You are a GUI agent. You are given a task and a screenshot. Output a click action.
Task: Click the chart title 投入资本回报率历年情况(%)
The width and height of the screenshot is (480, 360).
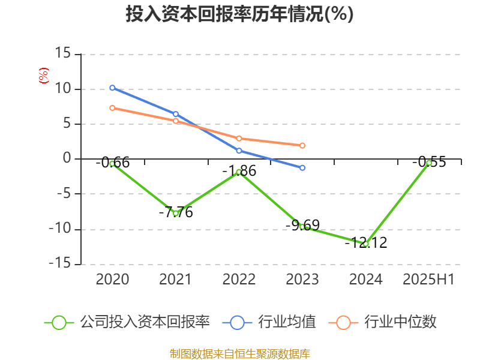point(239,14)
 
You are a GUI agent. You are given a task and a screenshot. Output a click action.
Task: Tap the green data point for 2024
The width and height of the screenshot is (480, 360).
point(365,244)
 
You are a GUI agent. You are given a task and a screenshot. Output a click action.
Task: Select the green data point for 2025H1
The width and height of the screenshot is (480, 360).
point(429,163)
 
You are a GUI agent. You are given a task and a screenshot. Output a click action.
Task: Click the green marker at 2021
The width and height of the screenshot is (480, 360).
point(176,213)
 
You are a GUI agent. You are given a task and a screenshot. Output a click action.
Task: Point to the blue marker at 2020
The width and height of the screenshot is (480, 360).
point(112,88)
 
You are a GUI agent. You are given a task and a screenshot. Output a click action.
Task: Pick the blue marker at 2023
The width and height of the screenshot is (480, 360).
point(302,167)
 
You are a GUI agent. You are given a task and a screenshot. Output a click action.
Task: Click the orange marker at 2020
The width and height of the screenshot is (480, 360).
point(112,108)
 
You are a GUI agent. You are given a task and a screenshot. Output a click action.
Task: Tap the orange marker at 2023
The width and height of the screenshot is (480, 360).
point(302,145)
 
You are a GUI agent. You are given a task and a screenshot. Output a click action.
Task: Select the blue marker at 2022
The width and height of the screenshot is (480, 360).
point(239,151)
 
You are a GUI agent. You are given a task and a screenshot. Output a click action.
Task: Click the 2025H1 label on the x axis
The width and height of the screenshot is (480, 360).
point(428,280)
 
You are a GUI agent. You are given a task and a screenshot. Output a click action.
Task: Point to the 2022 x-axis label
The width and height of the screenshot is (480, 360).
point(239,280)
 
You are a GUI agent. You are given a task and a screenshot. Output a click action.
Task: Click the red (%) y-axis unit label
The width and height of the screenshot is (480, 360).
point(43,76)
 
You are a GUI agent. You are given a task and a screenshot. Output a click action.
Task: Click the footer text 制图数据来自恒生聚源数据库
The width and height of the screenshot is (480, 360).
point(239,353)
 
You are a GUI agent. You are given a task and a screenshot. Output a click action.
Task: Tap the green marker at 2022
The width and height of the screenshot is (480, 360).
point(239,172)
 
